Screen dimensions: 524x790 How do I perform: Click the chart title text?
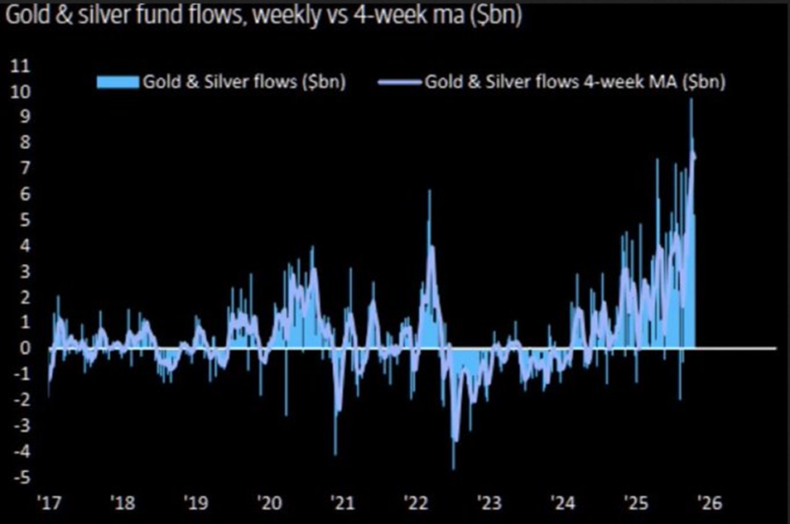click(x=262, y=17)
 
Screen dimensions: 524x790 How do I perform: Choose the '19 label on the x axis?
click(x=195, y=502)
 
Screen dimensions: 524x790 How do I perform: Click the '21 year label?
click(x=342, y=502)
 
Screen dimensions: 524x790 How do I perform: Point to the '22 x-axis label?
click(x=415, y=502)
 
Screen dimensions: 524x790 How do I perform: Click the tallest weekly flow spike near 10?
click(x=691, y=102)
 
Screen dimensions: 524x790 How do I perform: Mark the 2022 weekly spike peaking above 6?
click(x=429, y=192)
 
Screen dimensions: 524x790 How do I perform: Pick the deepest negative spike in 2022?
click(x=453, y=467)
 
